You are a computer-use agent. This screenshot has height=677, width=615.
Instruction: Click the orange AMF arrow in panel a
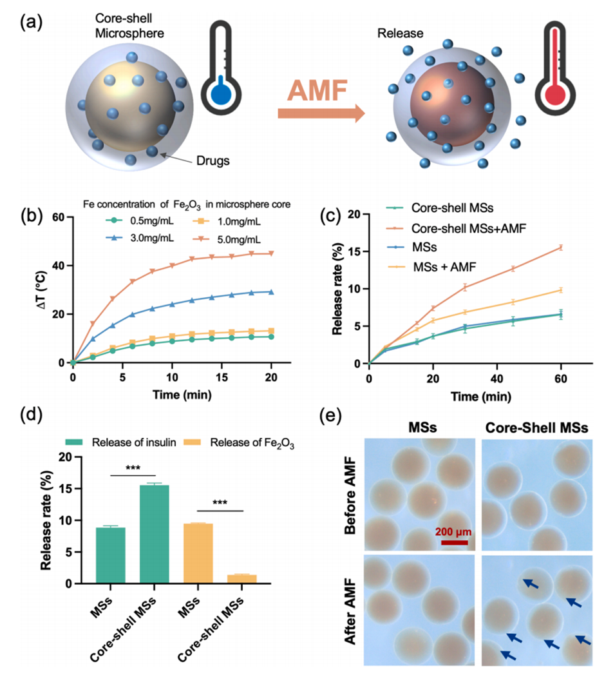click(x=321, y=112)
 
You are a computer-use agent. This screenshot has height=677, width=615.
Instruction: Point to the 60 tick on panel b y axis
click(x=59, y=217)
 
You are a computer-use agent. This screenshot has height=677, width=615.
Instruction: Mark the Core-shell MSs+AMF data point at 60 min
click(x=561, y=247)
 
